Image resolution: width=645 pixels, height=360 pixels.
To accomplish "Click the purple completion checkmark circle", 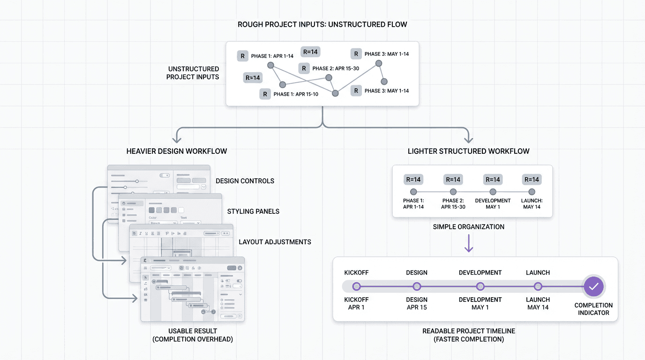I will [x=593, y=286].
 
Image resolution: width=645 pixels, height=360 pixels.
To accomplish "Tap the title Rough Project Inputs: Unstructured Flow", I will [x=322, y=24].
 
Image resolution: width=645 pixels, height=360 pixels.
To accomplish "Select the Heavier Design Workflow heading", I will [x=177, y=151].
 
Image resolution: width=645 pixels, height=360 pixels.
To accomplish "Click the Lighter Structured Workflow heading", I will [x=468, y=151].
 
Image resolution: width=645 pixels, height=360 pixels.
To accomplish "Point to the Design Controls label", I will [x=245, y=181].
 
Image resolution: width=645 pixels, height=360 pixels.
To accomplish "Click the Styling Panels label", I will [x=253, y=211].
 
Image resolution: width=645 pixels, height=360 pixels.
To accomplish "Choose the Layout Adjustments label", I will [x=275, y=242].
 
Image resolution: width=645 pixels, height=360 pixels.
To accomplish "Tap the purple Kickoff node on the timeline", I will [x=356, y=286].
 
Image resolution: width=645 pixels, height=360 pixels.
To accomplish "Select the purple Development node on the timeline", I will [x=480, y=286].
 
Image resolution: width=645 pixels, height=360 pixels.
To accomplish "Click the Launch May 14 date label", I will [x=538, y=304].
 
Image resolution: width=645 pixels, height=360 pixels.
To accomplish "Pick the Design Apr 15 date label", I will [x=417, y=304].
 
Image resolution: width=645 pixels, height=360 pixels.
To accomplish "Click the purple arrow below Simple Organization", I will [x=468, y=244].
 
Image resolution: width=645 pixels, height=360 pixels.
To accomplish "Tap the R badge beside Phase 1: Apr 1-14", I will [x=242, y=56].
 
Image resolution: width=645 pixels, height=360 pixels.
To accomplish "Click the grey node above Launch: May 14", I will [x=532, y=192].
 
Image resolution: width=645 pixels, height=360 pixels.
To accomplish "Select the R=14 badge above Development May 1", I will [x=493, y=180].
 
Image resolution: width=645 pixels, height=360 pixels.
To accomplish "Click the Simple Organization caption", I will [x=468, y=227].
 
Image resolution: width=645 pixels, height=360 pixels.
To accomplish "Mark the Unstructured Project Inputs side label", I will [x=193, y=73].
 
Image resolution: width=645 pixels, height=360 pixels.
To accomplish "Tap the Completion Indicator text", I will [x=593, y=309].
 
